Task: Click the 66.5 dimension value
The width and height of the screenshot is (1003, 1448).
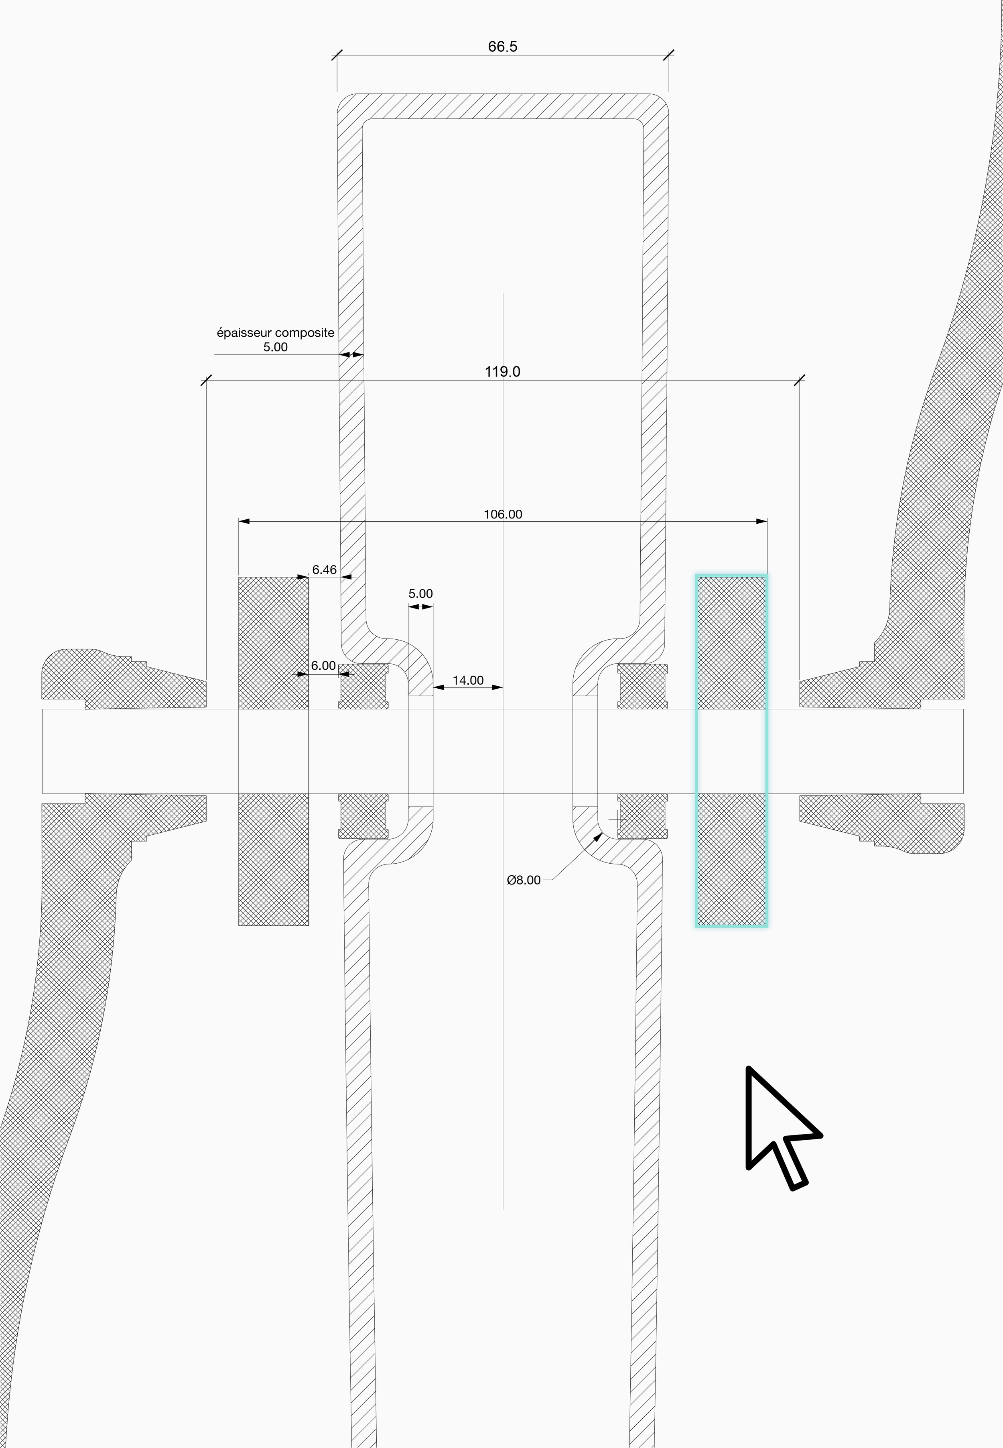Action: point(502,47)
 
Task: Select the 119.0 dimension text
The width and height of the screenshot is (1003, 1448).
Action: point(502,371)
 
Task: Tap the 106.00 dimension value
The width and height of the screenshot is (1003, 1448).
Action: point(503,514)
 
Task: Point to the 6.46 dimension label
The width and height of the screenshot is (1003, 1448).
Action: point(324,569)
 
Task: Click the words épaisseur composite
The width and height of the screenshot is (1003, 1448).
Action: point(275,332)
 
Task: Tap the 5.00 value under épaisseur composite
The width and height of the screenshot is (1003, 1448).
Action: point(275,347)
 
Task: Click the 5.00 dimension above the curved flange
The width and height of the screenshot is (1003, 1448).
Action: point(420,593)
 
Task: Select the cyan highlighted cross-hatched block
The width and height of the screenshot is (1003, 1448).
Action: point(731,750)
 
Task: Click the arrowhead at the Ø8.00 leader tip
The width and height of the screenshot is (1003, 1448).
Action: point(599,836)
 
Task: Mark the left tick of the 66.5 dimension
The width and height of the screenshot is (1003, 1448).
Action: point(337,55)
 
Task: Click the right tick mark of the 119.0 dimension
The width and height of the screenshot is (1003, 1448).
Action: point(799,380)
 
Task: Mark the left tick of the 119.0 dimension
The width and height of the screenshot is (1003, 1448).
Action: point(206,380)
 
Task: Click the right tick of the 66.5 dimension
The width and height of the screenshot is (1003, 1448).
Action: point(669,55)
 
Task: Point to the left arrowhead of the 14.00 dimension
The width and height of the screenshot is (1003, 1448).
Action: point(439,687)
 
